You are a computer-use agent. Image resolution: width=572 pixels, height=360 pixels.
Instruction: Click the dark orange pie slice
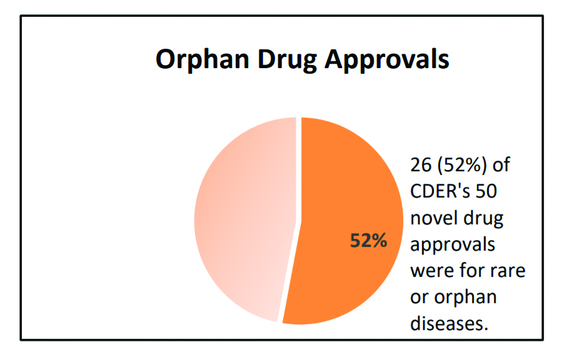(x=350, y=187)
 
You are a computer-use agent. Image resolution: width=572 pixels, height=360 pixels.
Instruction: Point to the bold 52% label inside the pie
(x=368, y=241)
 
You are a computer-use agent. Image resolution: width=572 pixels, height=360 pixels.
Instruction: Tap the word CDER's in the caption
(x=444, y=191)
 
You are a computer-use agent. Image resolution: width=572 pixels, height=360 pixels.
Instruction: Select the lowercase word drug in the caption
(x=483, y=218)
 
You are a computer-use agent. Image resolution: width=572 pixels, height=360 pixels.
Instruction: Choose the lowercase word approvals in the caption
(x=452, y=244)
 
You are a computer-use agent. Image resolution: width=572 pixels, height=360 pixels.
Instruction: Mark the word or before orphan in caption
(x=419, y=297)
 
